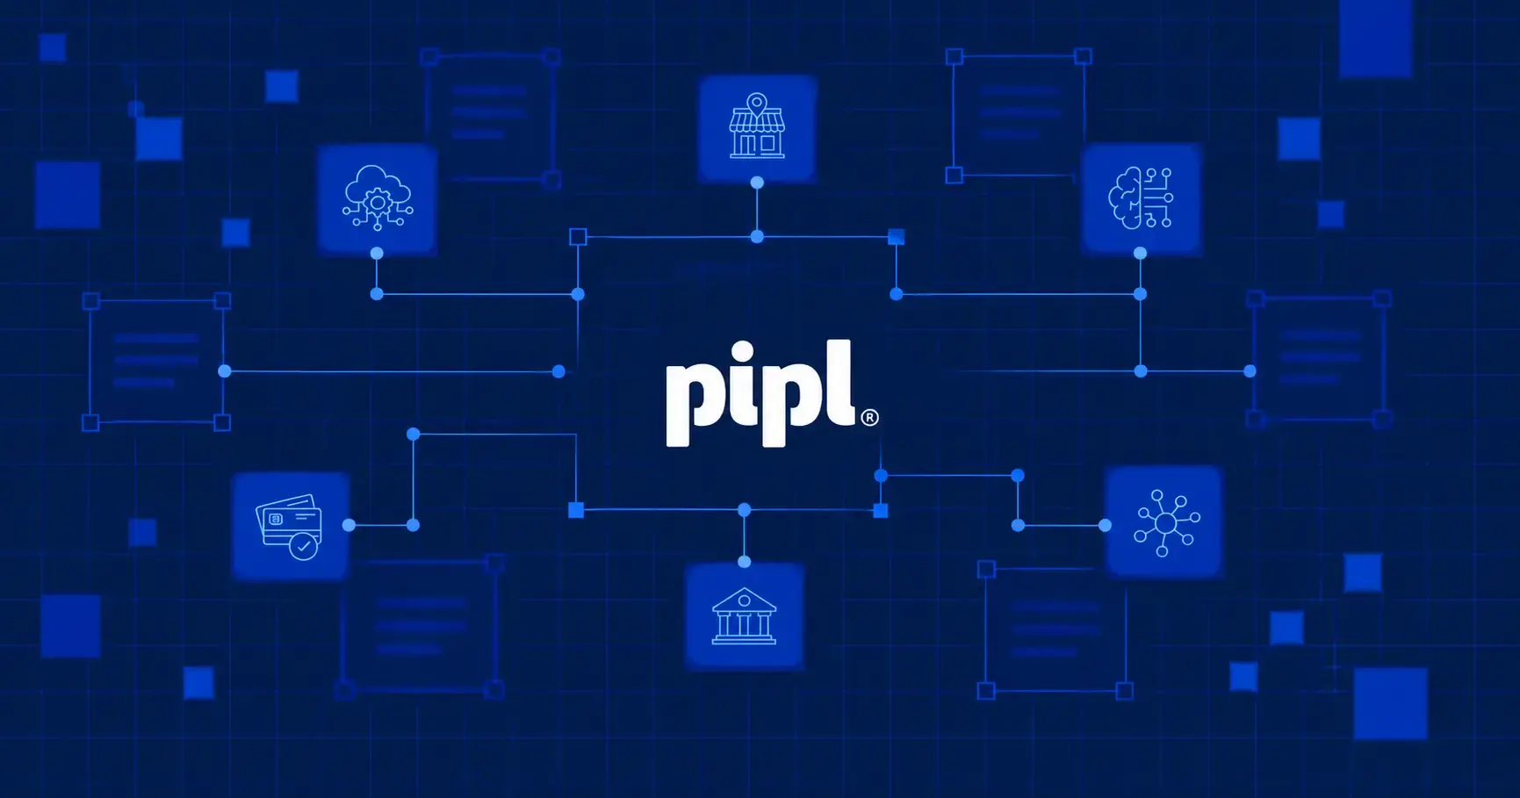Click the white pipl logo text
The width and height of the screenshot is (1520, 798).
[760, 392]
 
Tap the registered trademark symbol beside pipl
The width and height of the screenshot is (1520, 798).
[869, 417]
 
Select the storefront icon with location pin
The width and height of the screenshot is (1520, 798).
[757, 126]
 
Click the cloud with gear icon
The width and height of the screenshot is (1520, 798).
[378, 198]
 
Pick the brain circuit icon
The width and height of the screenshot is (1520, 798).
[1141, 198]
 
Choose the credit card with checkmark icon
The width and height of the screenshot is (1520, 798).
[290, 527]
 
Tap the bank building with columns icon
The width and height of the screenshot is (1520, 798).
[744, 616]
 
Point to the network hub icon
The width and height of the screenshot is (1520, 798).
[1166, 523]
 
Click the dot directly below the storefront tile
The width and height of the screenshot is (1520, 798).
[757, 183]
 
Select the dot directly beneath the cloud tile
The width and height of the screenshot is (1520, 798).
[377, 253]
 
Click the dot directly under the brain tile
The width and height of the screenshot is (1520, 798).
[1140, 253]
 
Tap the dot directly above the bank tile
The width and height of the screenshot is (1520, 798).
[744, 562]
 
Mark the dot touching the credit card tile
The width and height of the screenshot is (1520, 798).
[349, 525]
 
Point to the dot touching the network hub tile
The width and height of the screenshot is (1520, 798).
[1105, 525]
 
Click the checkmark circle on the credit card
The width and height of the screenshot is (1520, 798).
[304, 546]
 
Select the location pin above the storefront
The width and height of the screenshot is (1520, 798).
[757, 104]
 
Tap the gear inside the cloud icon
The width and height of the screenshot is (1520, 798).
[378, 202]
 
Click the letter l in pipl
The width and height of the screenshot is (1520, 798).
[841, 382]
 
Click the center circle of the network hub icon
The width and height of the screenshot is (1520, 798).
[1166, 523]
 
